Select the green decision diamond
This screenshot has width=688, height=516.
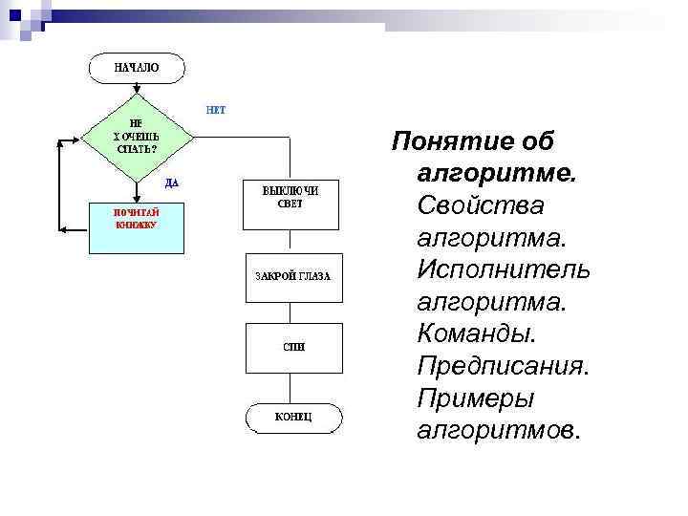point(138,137)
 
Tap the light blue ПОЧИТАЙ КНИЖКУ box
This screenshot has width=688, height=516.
point(136,227)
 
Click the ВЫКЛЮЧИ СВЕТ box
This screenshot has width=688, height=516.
point(290,203)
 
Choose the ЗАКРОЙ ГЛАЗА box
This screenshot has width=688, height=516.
point(291,276)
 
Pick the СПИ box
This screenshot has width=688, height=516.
point(292,348)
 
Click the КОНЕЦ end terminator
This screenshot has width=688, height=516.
point(292,419)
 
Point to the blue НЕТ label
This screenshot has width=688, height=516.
point(216,109)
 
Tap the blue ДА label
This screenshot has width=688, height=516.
point(171,182)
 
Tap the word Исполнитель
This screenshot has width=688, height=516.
point(504,270)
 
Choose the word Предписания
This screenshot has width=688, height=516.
point(501,366)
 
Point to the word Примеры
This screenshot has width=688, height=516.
point(475,398)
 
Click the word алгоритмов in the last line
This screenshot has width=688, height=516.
point(497,431)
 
